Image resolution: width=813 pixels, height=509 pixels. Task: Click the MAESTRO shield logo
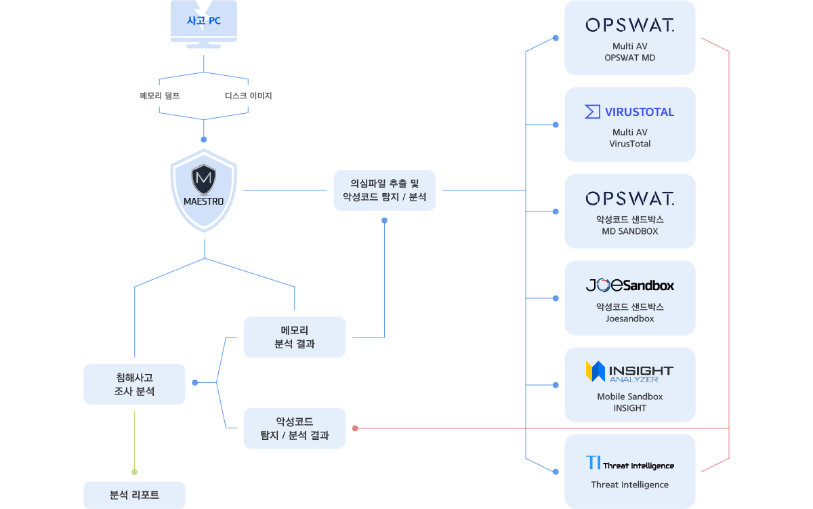click(x=203, y=190)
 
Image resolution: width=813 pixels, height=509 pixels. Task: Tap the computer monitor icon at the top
click(x=204, y=23)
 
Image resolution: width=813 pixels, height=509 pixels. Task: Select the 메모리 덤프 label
click(x=160, y=96)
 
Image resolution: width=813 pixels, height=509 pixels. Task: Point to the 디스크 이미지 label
click(x=248, y=96)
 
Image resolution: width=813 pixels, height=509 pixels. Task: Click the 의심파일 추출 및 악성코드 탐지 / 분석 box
click(x=384, y=190)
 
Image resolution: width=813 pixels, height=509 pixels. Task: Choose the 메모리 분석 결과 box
click(x=294, y=337)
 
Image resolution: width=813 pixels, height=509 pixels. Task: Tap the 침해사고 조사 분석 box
click(x=134, y=384)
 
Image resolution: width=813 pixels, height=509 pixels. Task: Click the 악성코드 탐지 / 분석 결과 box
click(x=294, y=428)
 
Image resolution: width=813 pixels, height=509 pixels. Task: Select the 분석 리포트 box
click(x=134, y=495)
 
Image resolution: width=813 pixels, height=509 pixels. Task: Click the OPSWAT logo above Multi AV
click(x=629, y=26)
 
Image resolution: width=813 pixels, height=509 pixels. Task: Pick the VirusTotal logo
click(x=629, y=112)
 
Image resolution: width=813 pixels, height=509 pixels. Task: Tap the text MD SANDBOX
click(x=629, y=231)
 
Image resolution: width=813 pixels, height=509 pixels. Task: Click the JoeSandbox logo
click(x=629, y=285)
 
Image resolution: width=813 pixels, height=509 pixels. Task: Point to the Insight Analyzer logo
click(x=629, y=371)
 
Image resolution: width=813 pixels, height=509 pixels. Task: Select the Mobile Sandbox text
click(x=629, y=396)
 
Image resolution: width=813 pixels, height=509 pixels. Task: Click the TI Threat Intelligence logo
click(x=629, y=464)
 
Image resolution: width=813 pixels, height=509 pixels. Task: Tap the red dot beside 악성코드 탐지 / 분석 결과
click(x=355, y=428)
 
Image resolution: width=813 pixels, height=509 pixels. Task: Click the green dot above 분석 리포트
click(x=134, y=472)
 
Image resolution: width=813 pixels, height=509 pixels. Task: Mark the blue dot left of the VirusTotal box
click(x=556, y=125)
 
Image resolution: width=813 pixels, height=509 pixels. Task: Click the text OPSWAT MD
click(x=629, y=58)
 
